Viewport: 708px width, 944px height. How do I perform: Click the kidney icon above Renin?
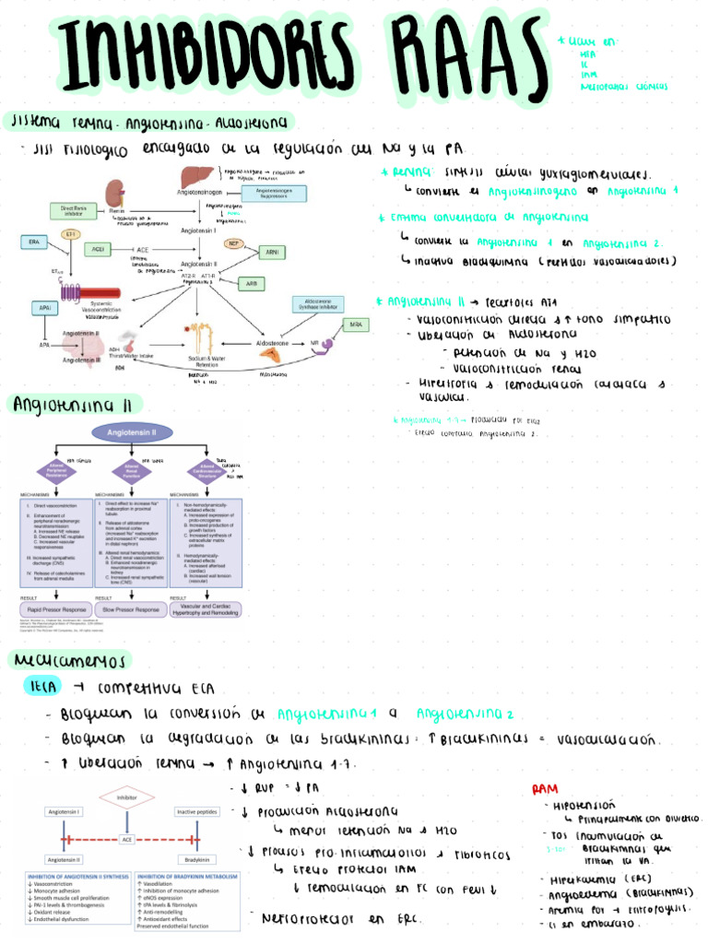pyautogui.click(x=116, y=193)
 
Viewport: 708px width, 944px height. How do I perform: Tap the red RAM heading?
pyautogui.click(x=545, y=789)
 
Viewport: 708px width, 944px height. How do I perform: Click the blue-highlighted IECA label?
pyautogui.click(x=43, y=687)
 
